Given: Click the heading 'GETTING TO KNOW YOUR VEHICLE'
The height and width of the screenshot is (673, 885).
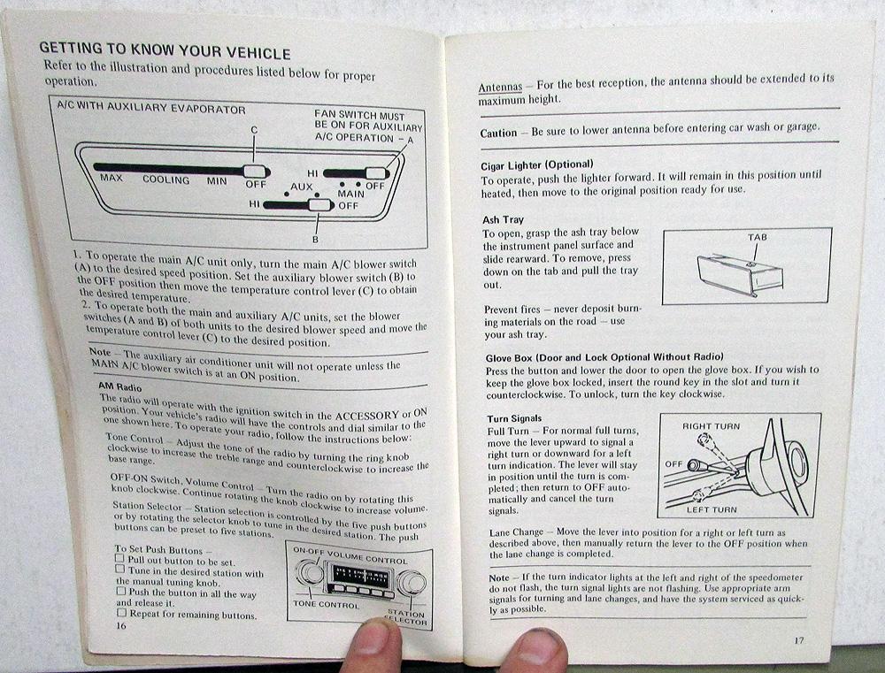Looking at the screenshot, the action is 165,50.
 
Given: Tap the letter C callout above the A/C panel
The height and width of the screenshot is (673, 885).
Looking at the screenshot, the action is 254,130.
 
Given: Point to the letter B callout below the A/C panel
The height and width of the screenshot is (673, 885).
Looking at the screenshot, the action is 316,239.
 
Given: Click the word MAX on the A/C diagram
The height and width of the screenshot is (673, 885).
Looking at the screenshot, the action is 112,178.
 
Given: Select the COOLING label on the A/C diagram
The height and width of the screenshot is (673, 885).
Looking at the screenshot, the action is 166,180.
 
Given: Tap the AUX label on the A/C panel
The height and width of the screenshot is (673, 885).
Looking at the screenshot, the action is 302,187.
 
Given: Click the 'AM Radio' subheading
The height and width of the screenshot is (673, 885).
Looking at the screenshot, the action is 119,387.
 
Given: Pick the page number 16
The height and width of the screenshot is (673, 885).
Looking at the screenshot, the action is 120,625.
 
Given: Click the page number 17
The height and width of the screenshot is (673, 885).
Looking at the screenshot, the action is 798,639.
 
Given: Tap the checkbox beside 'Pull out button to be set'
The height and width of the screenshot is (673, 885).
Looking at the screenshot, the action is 119,558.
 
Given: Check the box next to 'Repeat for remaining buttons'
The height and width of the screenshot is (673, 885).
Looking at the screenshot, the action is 121,612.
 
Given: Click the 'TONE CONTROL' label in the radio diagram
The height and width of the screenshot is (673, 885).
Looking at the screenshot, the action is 326,604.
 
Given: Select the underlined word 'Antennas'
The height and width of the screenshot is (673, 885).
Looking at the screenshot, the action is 500,87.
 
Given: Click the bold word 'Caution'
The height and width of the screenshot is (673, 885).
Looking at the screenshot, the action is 498,134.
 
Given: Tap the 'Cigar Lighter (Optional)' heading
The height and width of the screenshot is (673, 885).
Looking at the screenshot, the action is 537,164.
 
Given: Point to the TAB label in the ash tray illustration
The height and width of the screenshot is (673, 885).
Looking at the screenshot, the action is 757,237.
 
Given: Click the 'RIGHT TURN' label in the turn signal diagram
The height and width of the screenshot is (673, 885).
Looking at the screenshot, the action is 711,426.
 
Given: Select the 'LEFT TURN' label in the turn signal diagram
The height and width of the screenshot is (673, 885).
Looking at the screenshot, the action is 712,509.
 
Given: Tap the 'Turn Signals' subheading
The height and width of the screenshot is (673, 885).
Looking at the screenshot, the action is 514,418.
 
